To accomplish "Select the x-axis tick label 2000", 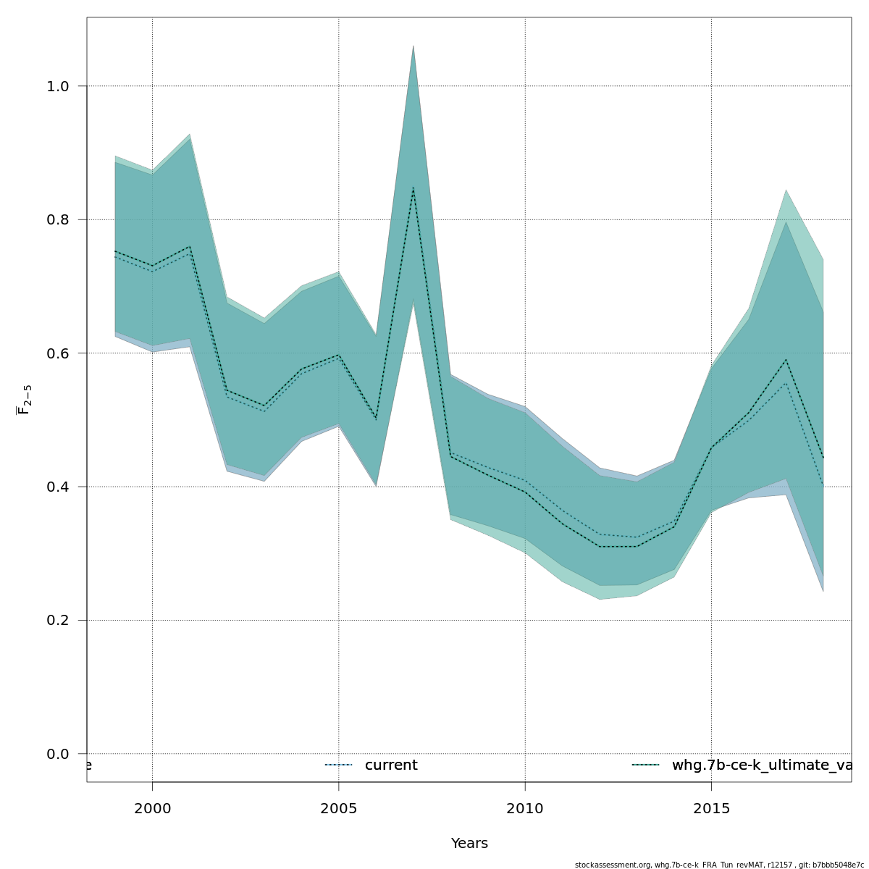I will (152, 808).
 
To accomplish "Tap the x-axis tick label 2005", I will (339, 808).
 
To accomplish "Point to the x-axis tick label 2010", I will (525, 808).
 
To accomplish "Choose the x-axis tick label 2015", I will (711, 808).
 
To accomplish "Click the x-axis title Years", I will (469, 844).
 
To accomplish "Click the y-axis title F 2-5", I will (24, 399).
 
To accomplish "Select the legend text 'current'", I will (391, 765).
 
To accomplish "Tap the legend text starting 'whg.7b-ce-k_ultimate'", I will (760, 765).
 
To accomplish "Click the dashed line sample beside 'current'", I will (338, 765).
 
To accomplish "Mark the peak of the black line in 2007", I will (413, 188).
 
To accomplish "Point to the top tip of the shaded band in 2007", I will (413, 46).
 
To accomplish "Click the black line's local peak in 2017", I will (786, 359).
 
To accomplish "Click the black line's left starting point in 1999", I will (115, 251).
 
